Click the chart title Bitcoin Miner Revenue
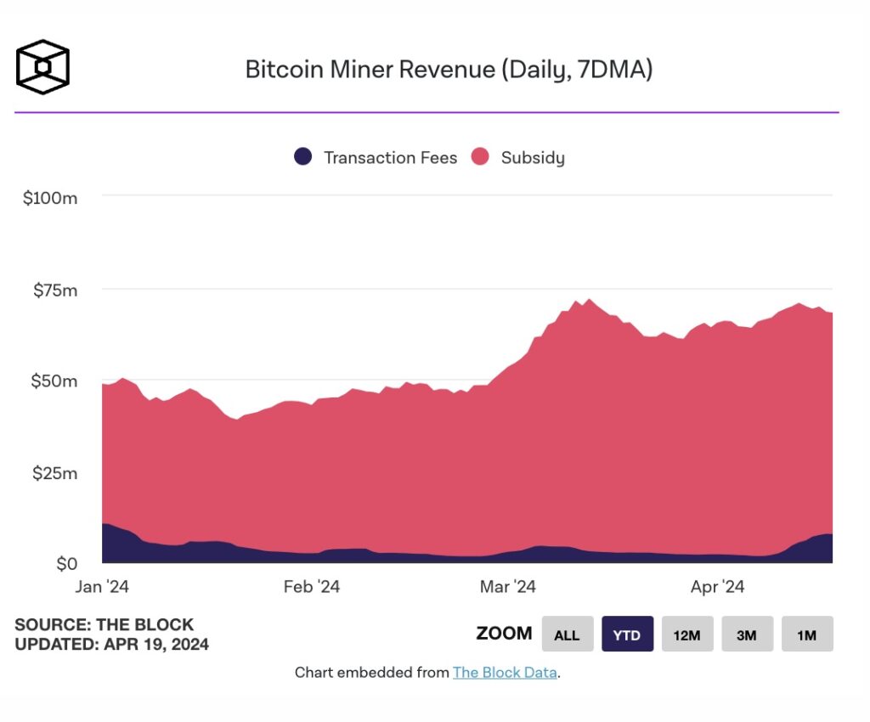coord(449,69)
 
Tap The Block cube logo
coord(42,66)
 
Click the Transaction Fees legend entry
coord(376,157)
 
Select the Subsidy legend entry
coord(518,157)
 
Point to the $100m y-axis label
coord(50,198)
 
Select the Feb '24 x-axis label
coord(311,587)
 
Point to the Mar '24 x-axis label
coord(507,587)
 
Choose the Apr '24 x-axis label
coord(717,587)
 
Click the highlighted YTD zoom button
coord(627,635)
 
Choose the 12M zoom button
coord(686,635)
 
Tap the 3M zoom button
coord(747,635)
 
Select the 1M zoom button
coord(806,635)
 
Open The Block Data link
coord(505,673)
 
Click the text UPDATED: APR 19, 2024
coord(111,645)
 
